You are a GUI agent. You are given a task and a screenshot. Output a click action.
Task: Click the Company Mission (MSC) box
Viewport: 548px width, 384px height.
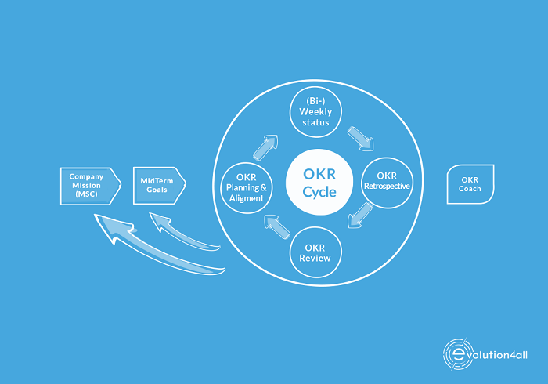click(91, 186)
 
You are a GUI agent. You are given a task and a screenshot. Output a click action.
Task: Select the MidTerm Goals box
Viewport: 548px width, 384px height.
click(160, 186)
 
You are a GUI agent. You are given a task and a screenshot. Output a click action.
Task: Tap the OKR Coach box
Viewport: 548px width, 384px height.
click(470, 184)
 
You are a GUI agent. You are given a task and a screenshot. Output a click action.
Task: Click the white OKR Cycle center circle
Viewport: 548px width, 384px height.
click(319, 183)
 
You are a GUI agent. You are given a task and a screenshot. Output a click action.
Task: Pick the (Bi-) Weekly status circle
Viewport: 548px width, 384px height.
click(315, 112)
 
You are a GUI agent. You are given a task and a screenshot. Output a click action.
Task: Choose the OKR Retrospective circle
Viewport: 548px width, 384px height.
click(387, 183)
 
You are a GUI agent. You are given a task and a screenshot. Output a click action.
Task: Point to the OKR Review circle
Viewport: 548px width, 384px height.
click(315, 252)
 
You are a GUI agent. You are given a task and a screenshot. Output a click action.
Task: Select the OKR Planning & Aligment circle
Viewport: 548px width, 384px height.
click(247, 188)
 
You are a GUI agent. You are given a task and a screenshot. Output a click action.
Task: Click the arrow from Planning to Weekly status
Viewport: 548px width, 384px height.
click(265, 147)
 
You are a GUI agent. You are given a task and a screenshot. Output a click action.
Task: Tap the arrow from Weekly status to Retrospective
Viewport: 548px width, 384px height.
click(361, 139)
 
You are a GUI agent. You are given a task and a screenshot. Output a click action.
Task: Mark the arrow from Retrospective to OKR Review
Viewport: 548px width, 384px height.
click(359, 216)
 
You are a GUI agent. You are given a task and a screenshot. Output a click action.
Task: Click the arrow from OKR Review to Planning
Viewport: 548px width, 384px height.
click(277, 226)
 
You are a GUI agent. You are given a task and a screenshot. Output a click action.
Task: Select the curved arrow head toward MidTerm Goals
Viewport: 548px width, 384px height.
click(160, 221)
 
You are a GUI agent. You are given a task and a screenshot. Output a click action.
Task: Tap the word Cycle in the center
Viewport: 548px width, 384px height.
click(319, 192)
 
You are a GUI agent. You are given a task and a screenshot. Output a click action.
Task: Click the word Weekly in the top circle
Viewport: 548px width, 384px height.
click(315, 112)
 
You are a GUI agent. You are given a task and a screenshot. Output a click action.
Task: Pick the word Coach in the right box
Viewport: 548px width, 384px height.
click(470, 189)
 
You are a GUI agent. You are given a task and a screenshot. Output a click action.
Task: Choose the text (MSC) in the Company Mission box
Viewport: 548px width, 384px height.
click(86, 194)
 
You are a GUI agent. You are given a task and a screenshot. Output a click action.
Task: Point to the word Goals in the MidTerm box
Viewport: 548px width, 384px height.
click(157, 190)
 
